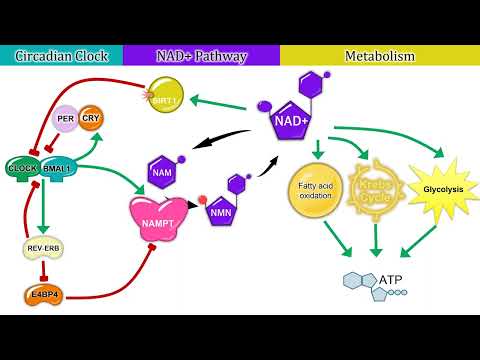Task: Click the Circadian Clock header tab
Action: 61,56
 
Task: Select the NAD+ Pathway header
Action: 201,56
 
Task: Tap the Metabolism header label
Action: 380,56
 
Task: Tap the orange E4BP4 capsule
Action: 42,296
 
